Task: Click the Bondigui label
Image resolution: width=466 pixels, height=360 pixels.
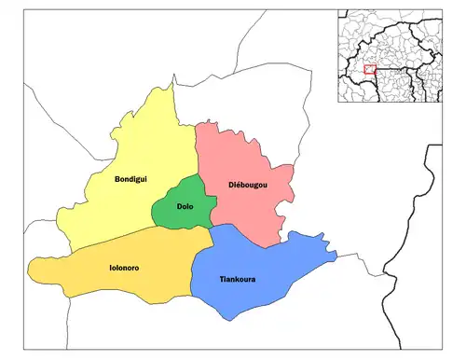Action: (130, 178)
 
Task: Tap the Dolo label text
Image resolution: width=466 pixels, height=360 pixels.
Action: (185, 206)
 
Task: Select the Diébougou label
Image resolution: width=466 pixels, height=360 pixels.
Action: (248, 187)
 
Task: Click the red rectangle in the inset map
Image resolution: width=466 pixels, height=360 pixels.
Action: (370, 68)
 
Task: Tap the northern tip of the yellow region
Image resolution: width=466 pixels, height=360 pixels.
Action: (171, 86)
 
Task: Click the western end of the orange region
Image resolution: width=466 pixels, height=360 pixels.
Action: (29, 272)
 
